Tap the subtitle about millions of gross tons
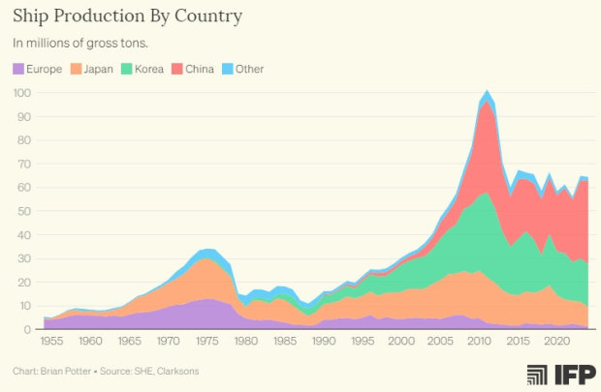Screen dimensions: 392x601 81,44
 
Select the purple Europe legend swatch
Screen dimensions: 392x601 19,69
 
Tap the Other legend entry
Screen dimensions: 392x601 247,69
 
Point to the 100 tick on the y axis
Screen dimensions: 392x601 22,93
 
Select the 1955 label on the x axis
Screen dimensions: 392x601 54,342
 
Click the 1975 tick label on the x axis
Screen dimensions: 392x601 206,342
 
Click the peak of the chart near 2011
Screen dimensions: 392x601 487,91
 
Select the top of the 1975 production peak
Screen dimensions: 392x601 206,250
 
